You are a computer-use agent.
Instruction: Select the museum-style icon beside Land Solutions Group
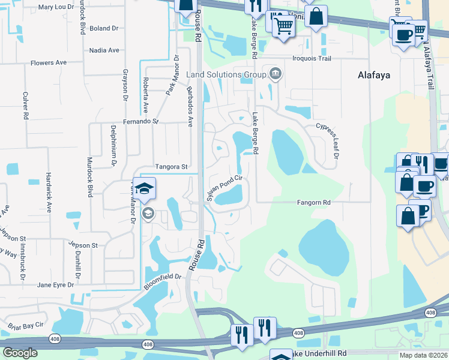click(x=276, y=74)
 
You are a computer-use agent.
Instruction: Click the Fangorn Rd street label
click(x=314, y=203)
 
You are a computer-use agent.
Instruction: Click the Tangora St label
click(x=172, y=166)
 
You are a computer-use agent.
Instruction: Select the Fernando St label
click(x=142, y=121)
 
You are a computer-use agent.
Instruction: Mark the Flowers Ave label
click(x=49, y=62)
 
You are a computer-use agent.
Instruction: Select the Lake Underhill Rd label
click(x=322, y=354)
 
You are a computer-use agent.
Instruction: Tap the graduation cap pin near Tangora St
click(x=144, y=190)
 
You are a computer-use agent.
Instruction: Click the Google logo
click(x=20, y=353)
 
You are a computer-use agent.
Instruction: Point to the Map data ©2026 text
click(x=423, y=355)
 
